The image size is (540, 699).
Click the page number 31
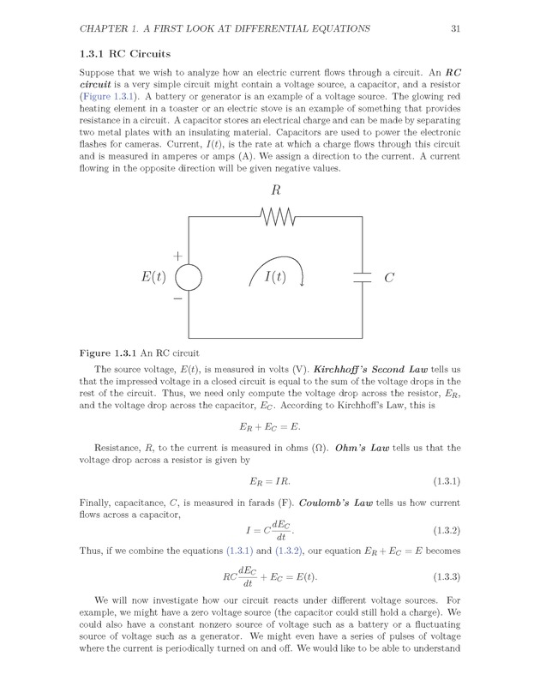coord(456,29)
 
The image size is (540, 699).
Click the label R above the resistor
coord(276,190)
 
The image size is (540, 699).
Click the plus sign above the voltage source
coord(178,256)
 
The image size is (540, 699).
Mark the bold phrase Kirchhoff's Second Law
coord(352,368)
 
